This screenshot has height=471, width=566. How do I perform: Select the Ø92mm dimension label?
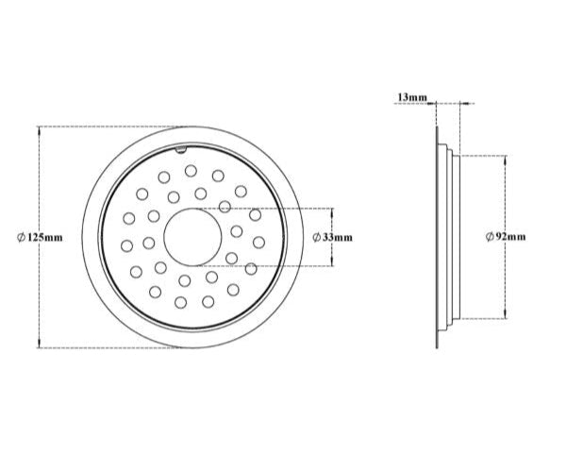tap(505, 237)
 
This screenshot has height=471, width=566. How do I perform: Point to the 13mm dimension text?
tap(412, 96)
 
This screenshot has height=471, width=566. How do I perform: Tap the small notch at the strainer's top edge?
tap(179, 149)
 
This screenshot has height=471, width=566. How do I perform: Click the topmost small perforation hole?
tap(191, 171)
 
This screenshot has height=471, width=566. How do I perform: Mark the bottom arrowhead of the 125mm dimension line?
tap(39, 345)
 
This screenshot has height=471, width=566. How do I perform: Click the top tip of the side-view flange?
tap(438, 128)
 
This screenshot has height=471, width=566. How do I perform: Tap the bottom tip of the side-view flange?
tap(438, 347)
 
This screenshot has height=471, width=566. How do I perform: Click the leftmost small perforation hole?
tap(127, 245)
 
